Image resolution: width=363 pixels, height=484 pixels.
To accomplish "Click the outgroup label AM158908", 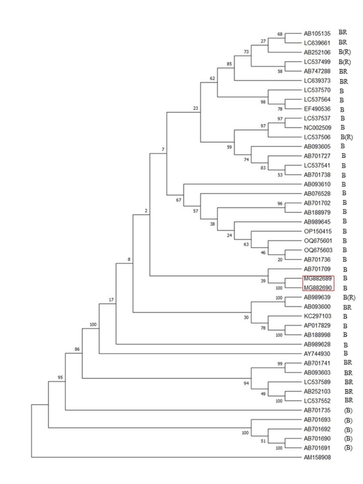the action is click(x=317, y=457).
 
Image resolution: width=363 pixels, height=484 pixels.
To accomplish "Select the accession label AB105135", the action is click(x=317, y=34).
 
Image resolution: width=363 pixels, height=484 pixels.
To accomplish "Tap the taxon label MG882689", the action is click(x=318, y=279).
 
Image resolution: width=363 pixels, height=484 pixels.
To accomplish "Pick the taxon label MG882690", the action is click(x=318, y=288).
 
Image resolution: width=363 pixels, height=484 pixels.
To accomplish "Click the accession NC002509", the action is click(x=318, y=128).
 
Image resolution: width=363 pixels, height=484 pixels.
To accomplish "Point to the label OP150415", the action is click(x=318, y=232).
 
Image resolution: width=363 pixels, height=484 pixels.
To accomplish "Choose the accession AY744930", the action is click(x=317, y=354).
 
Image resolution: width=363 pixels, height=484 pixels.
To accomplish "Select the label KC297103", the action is click(x=318, y=316).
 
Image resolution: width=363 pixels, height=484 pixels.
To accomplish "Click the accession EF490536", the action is click(x=317, y=109).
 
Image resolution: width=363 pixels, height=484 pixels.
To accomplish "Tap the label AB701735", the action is click(x=317, y=411).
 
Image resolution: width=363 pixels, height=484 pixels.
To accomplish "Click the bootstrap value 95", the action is click(x=60, y=378).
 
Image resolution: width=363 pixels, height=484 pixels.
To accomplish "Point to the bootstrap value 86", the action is click(x=77, y=350).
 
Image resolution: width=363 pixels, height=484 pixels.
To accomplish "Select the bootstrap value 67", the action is click(x=178, y=200).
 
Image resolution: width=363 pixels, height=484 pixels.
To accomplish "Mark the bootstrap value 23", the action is click(x=195, y=108).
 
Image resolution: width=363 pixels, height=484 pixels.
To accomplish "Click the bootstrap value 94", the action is click(x=246, y=384).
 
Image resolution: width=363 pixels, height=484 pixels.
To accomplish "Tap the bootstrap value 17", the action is click(x=111, y=299).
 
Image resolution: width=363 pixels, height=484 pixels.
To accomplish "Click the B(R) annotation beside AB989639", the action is click(x=349, y=298).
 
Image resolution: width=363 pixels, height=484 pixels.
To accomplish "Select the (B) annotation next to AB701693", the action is click(x=348, y=420).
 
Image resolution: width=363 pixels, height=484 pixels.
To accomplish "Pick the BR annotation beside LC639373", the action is click(x=344, y=82).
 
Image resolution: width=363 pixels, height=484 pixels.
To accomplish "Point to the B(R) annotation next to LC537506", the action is click(x=347, y=137).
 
